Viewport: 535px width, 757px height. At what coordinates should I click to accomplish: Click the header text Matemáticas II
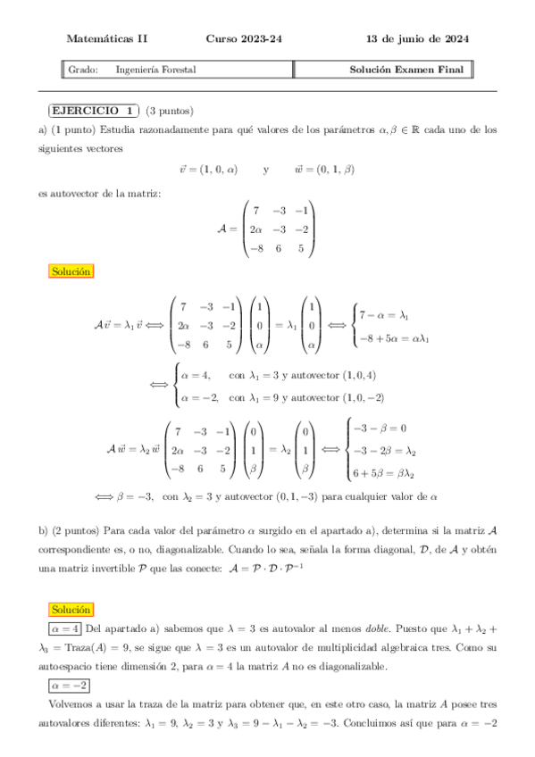[x=107, y=39]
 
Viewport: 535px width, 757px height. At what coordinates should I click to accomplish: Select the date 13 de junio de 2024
[x=418, y=39]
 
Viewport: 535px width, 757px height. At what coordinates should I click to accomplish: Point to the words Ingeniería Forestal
[x=155, y=70]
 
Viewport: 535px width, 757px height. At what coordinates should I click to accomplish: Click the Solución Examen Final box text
[x=407, y=70]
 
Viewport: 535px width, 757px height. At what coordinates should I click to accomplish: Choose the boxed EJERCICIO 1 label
[x=93, y=111]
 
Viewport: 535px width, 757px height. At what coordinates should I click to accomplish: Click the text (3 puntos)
[x=170, y=111]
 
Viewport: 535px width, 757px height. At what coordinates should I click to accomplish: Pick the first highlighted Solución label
[x=71, y=270]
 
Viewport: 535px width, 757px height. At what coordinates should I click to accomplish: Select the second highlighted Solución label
[x=71, y=610]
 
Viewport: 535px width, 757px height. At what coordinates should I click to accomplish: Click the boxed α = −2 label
[x=71, y=685]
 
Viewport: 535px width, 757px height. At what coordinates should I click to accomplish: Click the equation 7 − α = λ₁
[x=382, y=315]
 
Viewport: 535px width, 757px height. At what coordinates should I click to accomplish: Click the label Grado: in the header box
[x=83, y=70]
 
